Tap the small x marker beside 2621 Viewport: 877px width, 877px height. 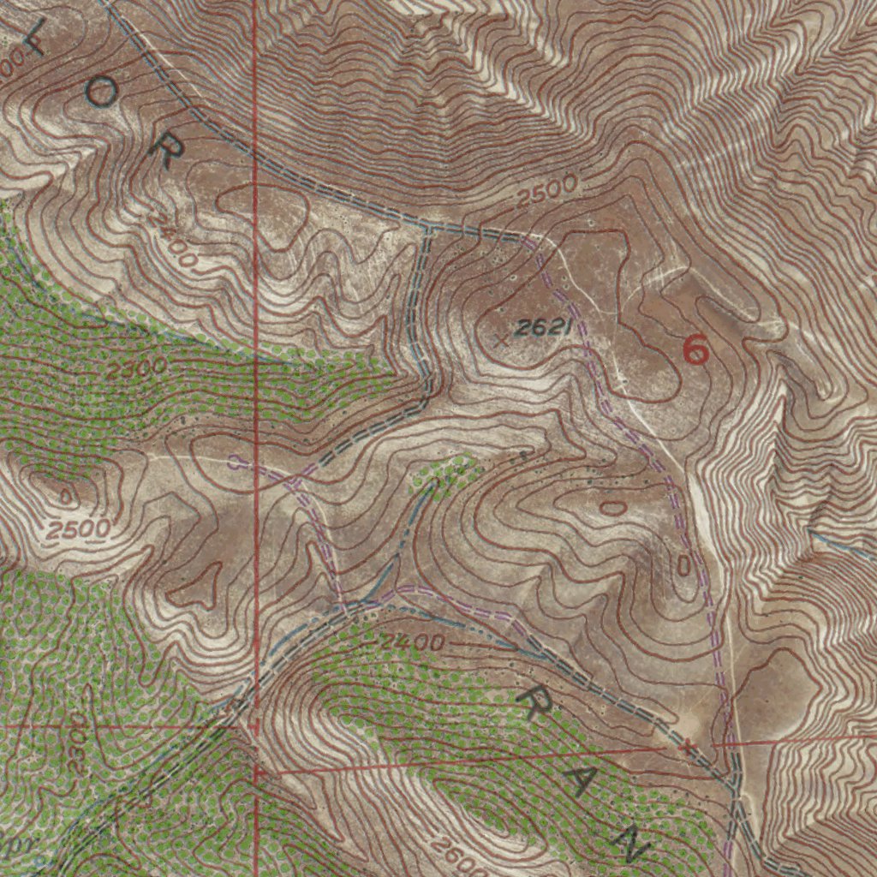pyautogui.click(x=502, y=341)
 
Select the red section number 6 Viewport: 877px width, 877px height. pyautogui.click(x=696, y=349)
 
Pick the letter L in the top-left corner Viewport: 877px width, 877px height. pyautogui.click(x=34, y=39)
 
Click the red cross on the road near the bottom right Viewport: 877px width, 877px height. pyautogui.click(x=685, y=745)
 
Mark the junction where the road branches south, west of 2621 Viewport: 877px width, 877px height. pyautogui.click(x=427, y=228)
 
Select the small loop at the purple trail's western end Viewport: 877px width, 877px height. pyautogui.click(x=234, y=462)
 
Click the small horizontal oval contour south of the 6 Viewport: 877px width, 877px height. pyautogui.click(x=612, y=508)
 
